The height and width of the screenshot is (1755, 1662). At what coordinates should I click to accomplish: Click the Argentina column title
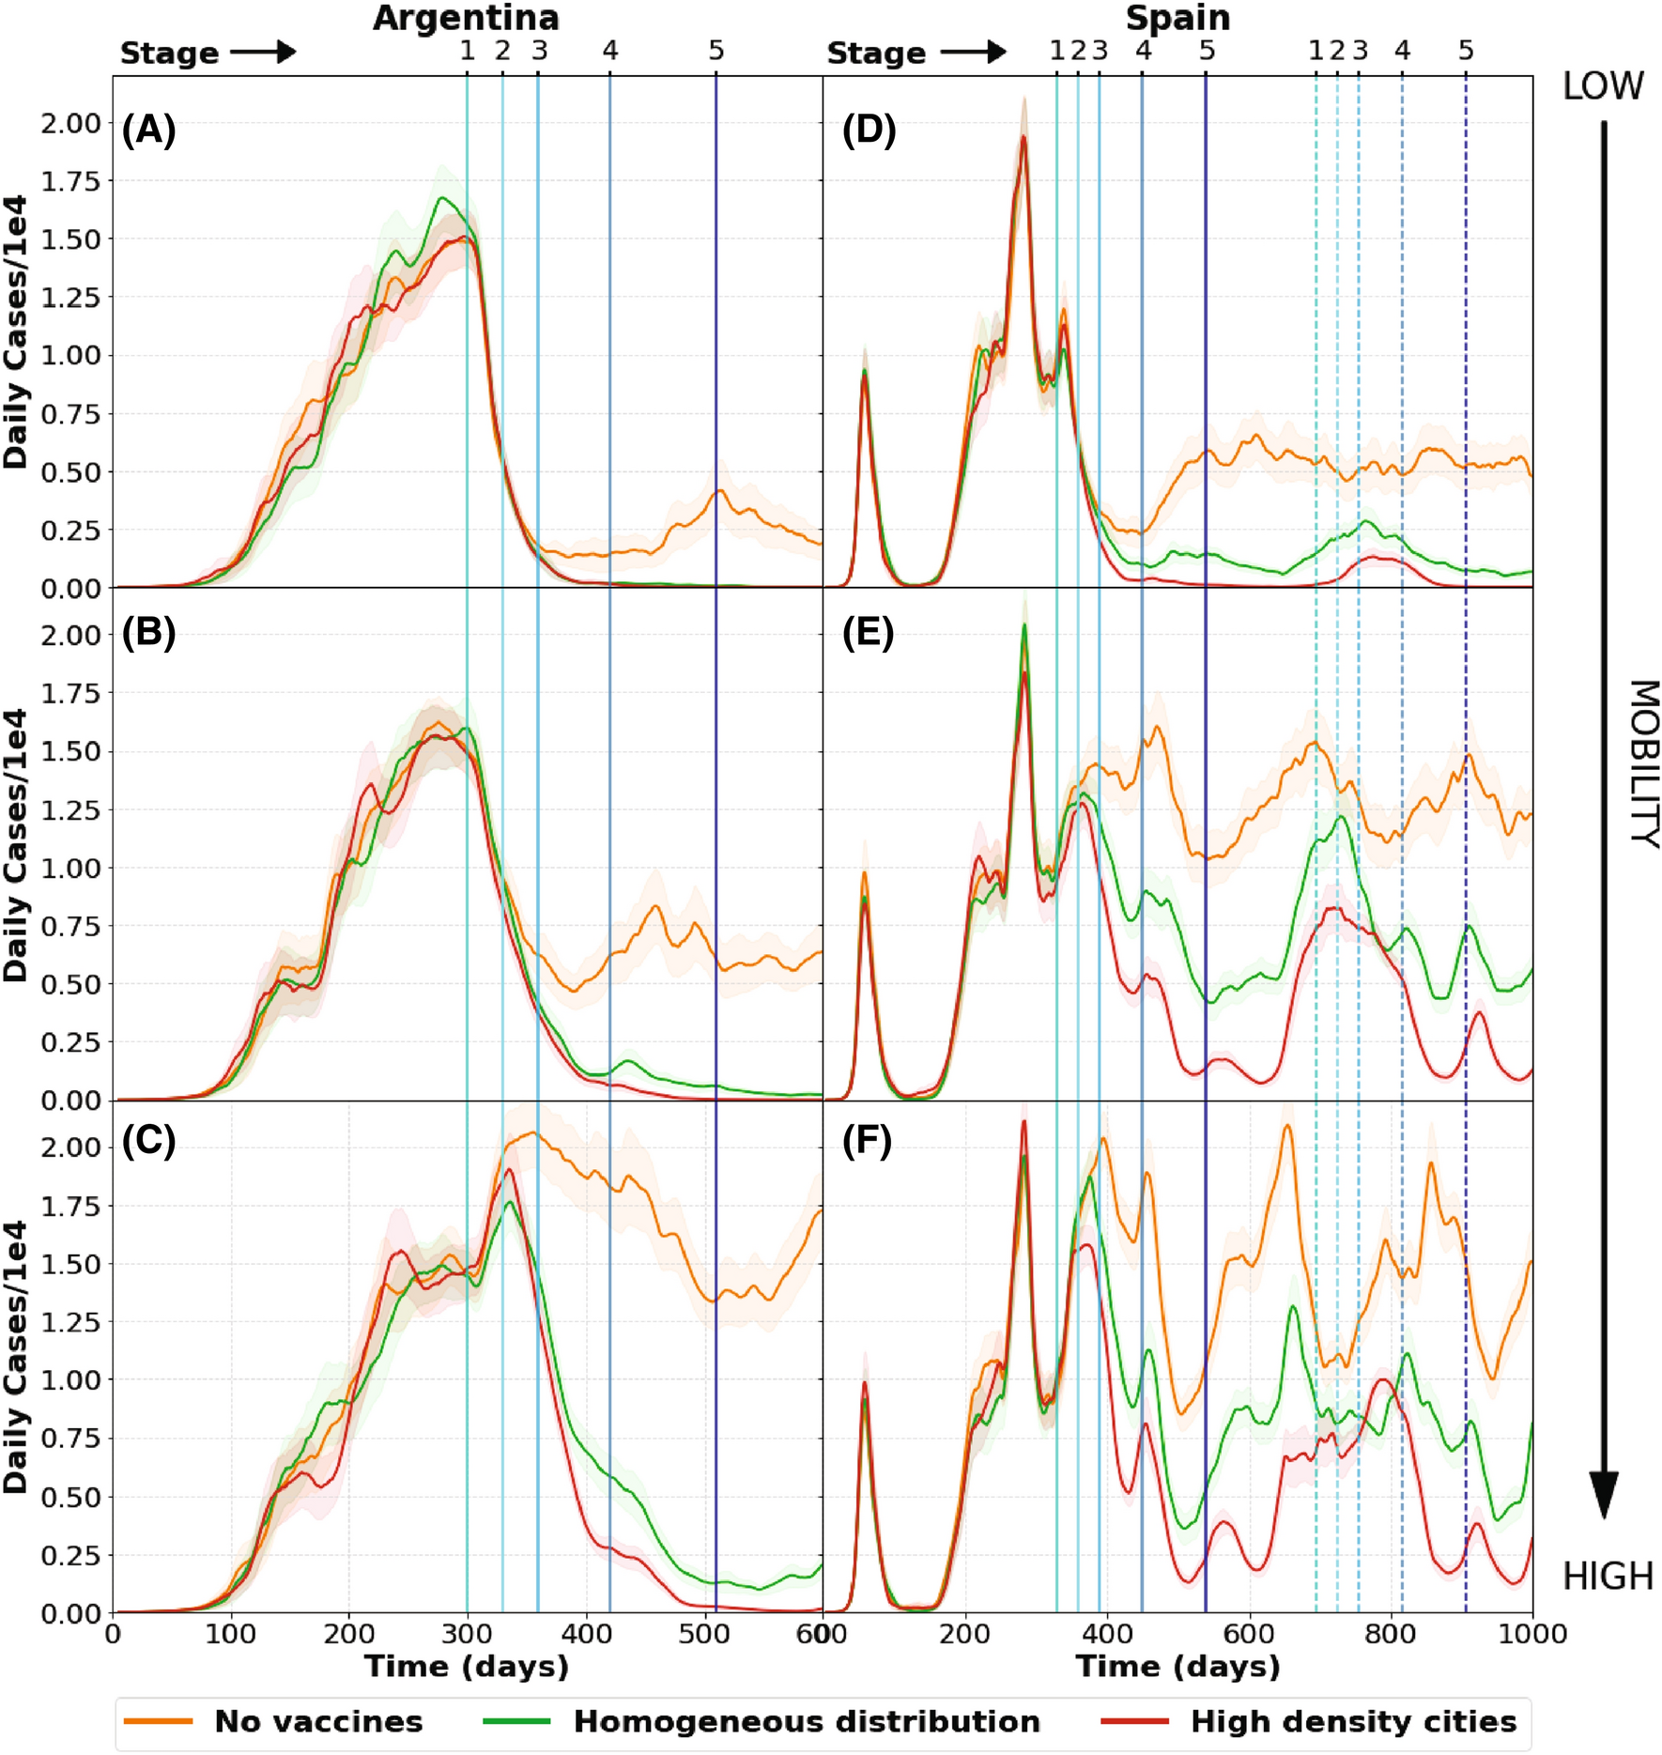[466, 18]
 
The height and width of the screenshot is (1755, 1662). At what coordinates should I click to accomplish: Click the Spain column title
[1177, 18]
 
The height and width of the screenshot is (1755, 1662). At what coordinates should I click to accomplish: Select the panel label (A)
[149, 130]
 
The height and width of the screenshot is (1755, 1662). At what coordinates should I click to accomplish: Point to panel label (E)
[868, 633]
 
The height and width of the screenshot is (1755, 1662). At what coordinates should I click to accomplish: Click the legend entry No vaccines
[318, 1721]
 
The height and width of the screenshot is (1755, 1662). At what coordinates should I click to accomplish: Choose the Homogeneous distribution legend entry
[807, 1721]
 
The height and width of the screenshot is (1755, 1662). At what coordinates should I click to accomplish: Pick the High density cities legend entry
[1353, 1721]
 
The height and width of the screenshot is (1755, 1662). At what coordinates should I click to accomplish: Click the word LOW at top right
[1603, 86]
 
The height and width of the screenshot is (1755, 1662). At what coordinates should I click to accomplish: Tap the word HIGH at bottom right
[1608, 1577]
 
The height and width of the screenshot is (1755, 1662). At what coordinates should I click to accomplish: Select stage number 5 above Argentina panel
[716, 51]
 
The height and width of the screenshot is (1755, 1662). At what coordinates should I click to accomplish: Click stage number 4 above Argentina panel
[610, 51]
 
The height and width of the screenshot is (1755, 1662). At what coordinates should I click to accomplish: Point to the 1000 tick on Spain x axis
[1531, 1634]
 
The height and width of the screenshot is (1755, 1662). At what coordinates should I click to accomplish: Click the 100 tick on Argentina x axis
[231, 1634]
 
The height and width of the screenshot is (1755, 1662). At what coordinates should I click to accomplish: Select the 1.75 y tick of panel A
[69, 181]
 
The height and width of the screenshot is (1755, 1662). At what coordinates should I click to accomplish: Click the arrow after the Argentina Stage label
[263, 52]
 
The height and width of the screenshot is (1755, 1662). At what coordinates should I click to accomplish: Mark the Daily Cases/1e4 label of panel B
[15, 845]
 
